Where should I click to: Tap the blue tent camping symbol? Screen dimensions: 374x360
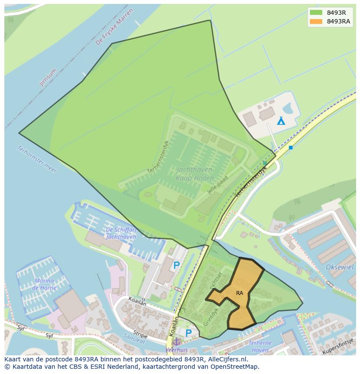coord(281,120)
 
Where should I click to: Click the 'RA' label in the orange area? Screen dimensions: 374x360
coord(240,293)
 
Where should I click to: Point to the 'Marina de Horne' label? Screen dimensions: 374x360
coord(44,285)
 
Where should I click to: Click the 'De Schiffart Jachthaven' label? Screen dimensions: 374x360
coord(120,233)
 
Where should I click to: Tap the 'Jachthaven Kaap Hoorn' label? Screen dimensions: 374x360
coord(194,174)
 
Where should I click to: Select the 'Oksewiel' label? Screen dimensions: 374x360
coord(340,267)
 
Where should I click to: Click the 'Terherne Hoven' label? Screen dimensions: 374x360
coord(260,346)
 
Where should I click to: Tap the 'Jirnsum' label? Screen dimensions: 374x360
coord(48,77)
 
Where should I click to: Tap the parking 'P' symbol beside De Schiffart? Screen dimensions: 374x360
coord(177,265)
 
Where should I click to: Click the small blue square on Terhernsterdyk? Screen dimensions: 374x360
coord(291,148)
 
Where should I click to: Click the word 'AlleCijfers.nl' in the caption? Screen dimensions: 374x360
coord(227,360)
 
